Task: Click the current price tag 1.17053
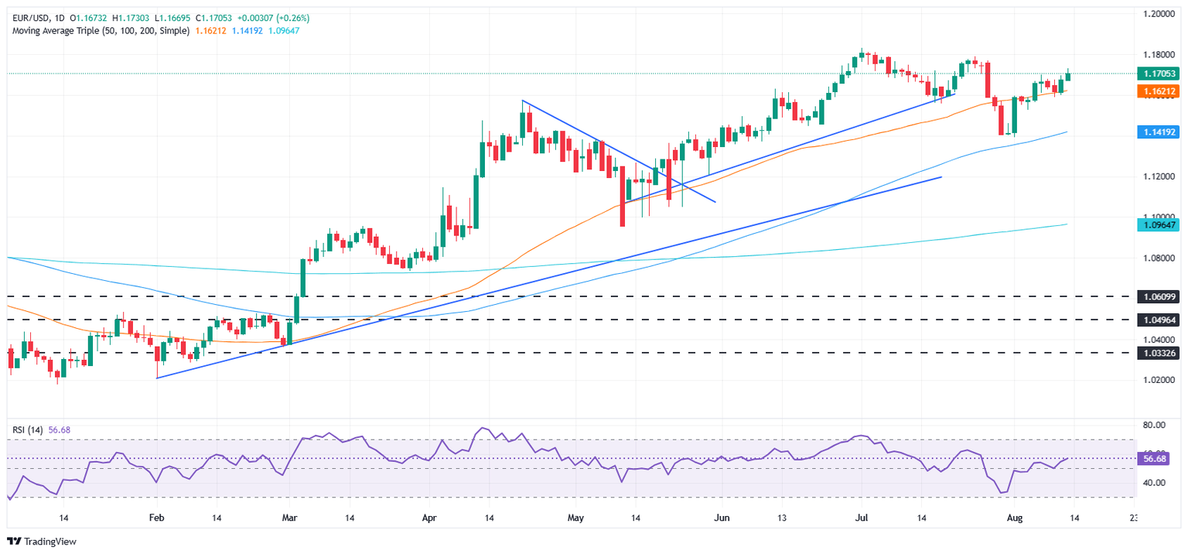[x=1157, y=74]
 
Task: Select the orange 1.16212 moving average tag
[x=1157, y=91]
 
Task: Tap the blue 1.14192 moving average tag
[x=1157, y=132]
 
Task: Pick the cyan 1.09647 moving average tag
[x=1157, y=224]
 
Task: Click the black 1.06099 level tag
[x=1157, y=296]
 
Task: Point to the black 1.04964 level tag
[x=1157, y=319]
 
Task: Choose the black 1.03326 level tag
[x=1157, y=353]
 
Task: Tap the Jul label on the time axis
[x=862, y=518]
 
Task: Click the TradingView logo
[x=43, y=542]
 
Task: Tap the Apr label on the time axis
[x=429, y=518]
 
